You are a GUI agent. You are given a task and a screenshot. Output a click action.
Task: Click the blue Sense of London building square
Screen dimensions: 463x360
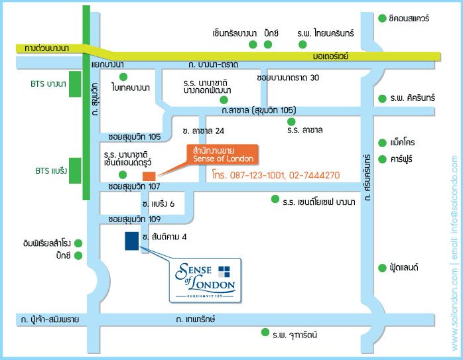[132, 241]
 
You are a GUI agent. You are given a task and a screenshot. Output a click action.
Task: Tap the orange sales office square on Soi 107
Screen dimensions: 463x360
[149, 176]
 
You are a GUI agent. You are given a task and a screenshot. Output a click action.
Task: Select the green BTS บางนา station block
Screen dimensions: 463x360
[75, 84]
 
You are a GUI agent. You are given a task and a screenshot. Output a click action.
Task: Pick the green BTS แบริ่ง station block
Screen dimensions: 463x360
[75, 170]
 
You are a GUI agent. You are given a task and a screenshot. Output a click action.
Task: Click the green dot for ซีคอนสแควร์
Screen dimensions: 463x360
[382, 19]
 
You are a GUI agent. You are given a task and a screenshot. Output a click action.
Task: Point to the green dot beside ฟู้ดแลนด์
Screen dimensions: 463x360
[382, 268]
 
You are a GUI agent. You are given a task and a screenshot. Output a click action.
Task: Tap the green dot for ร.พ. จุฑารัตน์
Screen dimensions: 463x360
[265, 332]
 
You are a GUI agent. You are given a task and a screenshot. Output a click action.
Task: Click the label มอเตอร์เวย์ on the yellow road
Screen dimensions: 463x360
[331, 56]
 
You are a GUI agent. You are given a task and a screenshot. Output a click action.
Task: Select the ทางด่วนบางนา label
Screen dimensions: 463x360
[46, 48]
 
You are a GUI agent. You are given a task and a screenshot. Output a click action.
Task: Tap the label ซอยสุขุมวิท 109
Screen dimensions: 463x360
[135, 219]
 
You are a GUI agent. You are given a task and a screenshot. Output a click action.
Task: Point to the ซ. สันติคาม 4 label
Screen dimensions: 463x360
[165, 237]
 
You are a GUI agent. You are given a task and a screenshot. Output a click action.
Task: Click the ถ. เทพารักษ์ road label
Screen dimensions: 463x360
[196, 319]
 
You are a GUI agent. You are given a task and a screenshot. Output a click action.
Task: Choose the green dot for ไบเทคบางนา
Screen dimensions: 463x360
[123, 77]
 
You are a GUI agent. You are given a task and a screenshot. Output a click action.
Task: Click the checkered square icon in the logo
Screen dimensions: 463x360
[224, 272]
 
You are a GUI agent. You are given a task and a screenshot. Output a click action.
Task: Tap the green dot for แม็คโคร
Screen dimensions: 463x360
[382, 143]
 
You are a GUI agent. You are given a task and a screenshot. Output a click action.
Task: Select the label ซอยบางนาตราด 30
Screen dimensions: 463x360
[288, 78]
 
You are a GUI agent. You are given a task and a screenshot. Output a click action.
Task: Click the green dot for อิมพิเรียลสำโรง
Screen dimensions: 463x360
[78, 243]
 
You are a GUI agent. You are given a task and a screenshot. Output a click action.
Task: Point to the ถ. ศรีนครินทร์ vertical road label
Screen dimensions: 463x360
[367, 177]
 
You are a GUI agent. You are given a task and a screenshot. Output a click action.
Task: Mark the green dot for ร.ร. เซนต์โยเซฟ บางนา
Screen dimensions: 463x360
[275, 199]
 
